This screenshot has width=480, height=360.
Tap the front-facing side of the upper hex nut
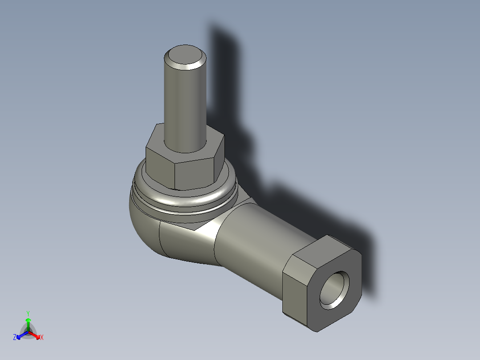pos(194,174)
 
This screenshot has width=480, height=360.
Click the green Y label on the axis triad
pos(28,313)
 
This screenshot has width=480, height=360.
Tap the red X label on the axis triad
pos(42,337)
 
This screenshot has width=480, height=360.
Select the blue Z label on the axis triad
pos(15,337)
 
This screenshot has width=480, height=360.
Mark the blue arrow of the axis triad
pos(21,335)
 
